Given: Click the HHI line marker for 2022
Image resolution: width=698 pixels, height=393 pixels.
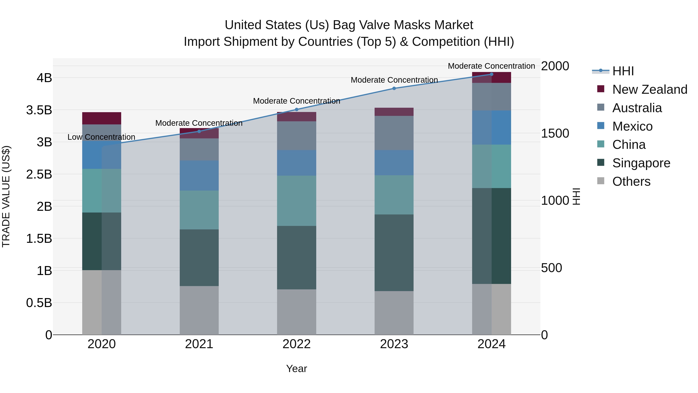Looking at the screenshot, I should coord(296,110).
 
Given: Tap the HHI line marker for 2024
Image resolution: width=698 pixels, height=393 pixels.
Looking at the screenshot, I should coord(492,74).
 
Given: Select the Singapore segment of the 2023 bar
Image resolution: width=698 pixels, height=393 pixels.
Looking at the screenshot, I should coord(394,252).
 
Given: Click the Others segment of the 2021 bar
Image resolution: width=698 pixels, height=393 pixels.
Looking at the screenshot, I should coord(199,310).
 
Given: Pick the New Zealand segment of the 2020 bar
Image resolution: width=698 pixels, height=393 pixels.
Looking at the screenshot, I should coord(102,118).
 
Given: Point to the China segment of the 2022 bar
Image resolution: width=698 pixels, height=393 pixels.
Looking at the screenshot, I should coord(296,201).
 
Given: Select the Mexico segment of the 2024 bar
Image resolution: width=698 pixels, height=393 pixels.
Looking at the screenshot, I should coord(492,128).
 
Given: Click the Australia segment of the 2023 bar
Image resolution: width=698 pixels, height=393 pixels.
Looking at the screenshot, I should coord(394,133).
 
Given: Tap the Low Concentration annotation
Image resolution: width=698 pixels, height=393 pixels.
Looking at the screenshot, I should coord(101,137).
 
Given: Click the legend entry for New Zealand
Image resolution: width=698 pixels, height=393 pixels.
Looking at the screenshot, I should coord(650,89).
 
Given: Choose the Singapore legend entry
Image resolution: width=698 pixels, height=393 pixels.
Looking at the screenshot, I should coord(641,163).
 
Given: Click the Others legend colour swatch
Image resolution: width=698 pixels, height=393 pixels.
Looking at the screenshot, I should coord(601,181).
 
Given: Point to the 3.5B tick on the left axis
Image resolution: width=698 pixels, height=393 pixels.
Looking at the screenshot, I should coord(39,110).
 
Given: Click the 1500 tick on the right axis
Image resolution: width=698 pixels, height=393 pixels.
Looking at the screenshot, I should coord(555,134).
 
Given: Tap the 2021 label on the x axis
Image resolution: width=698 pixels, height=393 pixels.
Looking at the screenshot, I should coord(199,344).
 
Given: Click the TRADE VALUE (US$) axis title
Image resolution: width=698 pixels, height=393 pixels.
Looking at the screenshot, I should coord(6,196).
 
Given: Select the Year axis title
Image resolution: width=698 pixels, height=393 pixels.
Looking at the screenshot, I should coord(296,369).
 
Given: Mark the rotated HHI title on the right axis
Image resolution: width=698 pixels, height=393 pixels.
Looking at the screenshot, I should coord(576,196).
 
